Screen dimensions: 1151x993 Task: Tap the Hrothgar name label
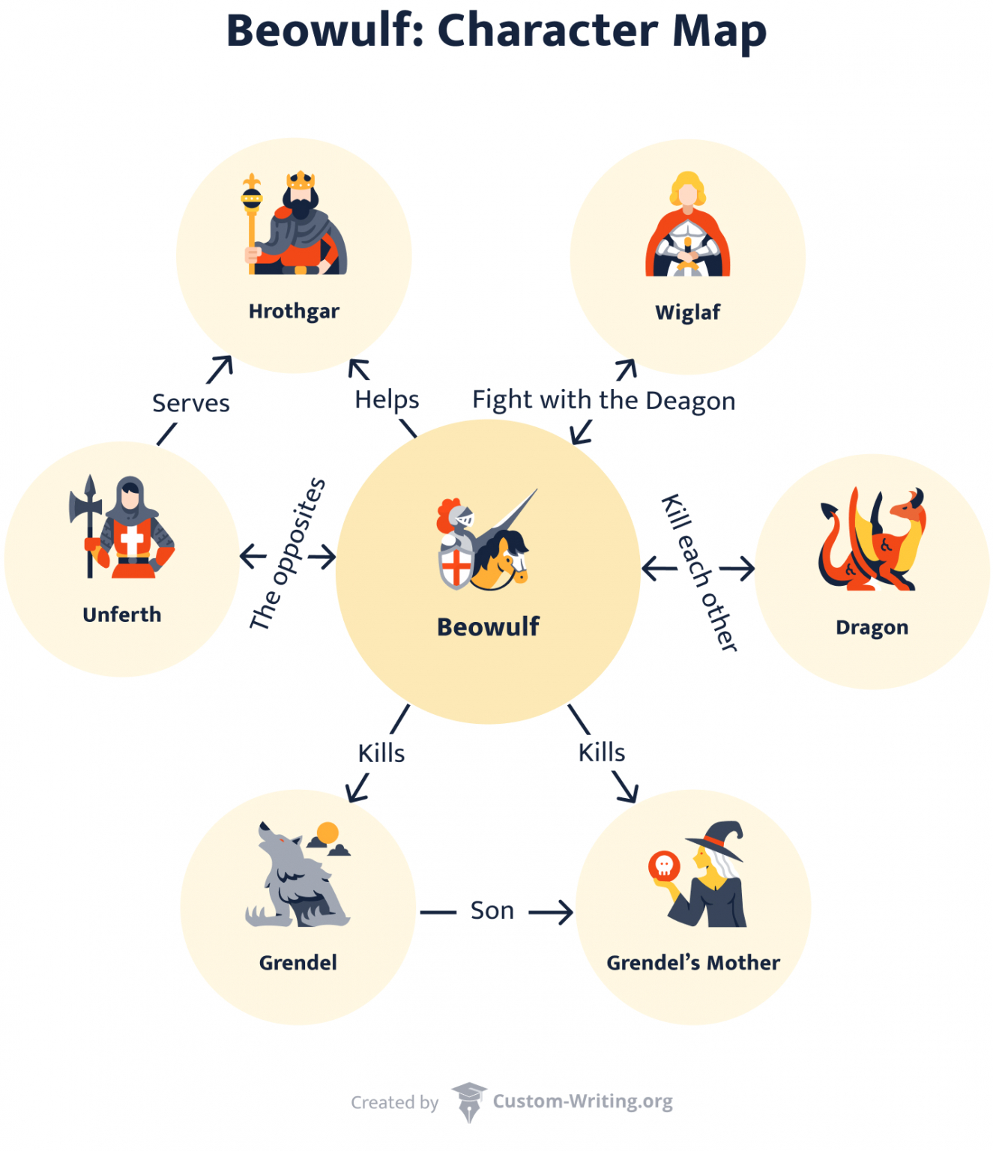294,311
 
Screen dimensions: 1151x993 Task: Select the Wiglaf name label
687,312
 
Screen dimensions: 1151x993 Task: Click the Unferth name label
122,614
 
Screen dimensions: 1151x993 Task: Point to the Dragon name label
872,627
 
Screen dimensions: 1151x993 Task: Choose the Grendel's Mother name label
693,962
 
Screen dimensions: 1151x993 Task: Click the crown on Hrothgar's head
301,180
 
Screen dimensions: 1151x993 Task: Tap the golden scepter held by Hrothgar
252,217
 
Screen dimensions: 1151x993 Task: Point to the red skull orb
664,866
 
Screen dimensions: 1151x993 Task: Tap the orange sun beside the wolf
328,833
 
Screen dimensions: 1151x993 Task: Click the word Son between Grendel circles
492,910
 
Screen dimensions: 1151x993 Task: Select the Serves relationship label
191,403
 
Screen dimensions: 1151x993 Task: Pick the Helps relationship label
387,399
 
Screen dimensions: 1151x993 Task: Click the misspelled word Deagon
690,401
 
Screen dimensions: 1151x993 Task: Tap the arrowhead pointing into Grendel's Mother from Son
566,912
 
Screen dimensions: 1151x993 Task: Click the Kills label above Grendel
381,753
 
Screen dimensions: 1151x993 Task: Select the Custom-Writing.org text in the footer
582,1101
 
